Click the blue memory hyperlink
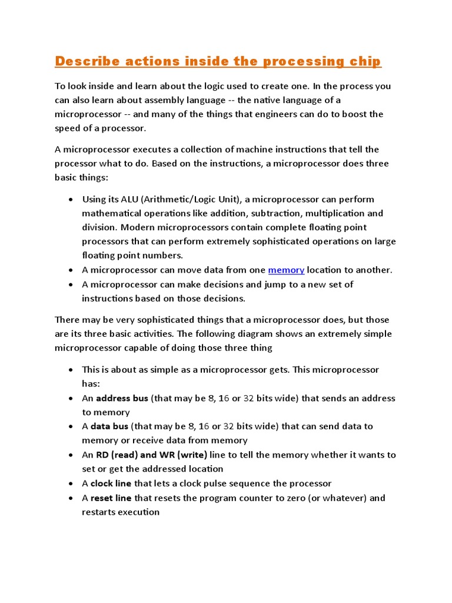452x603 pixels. [286, 270]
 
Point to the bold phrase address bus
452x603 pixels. [122, 398]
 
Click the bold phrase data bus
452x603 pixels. [109, 426]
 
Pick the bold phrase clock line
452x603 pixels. [111, 483]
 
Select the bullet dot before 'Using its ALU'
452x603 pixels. [71, 200]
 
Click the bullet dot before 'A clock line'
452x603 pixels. [71, 484]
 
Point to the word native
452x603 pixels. [265, 100]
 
